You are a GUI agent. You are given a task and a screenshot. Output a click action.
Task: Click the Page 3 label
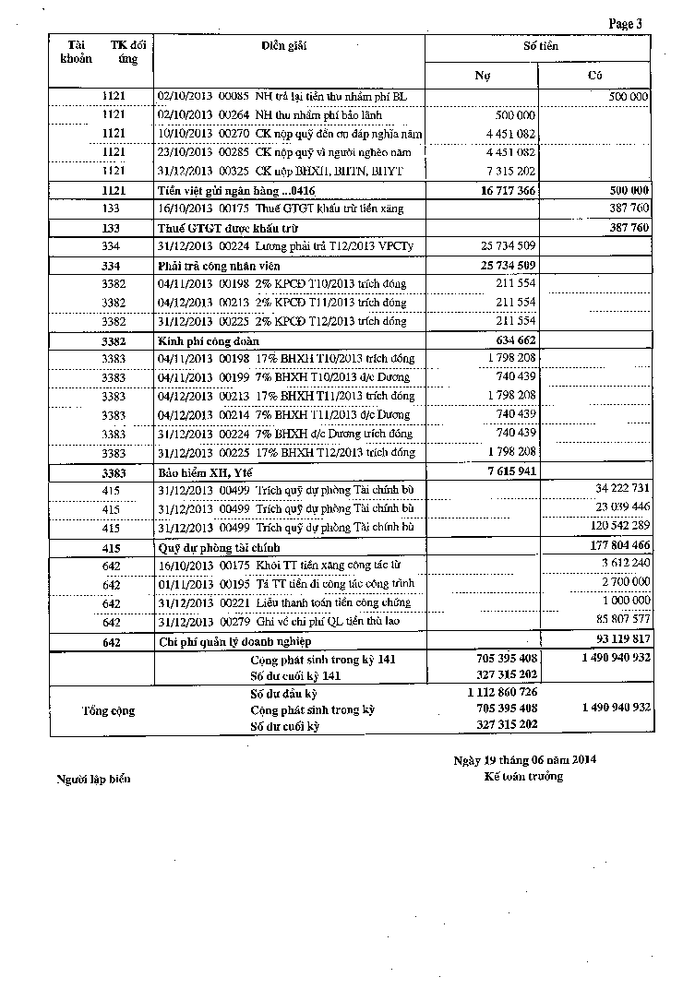click(626, 24)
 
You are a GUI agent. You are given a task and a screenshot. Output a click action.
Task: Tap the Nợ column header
click(482, 76)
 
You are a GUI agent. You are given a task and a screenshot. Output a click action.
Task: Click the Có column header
click(595, 76)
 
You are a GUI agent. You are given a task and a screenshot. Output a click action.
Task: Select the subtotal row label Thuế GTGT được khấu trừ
click(217, 227)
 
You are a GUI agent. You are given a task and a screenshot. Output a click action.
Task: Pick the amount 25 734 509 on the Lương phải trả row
click(503, 246)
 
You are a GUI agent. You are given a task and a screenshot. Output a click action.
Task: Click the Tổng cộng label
click(108, 710)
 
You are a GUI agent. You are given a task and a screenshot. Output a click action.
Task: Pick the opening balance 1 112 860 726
click(502, 692)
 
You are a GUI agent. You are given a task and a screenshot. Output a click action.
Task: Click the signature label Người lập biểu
click(93, 780)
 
